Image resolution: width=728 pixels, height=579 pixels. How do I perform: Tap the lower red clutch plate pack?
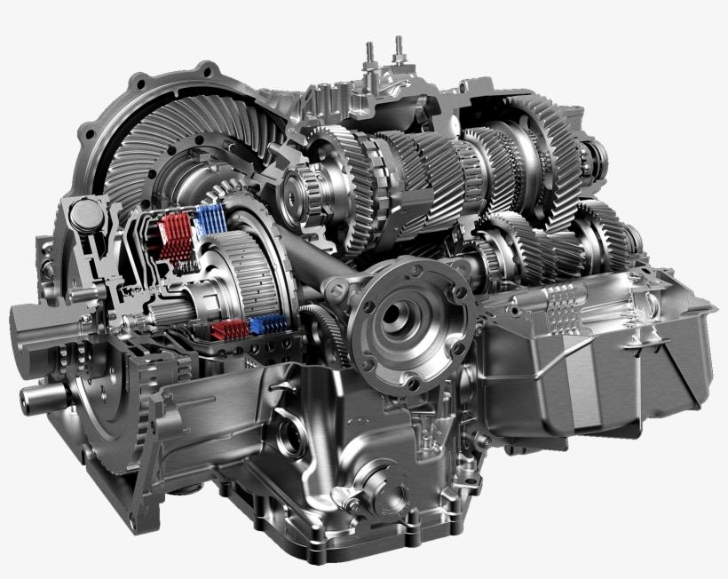point(229,330)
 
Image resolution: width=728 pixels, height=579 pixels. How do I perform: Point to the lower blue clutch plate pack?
point(268,324)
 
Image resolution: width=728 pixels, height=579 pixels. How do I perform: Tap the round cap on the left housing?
point(85,213)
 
